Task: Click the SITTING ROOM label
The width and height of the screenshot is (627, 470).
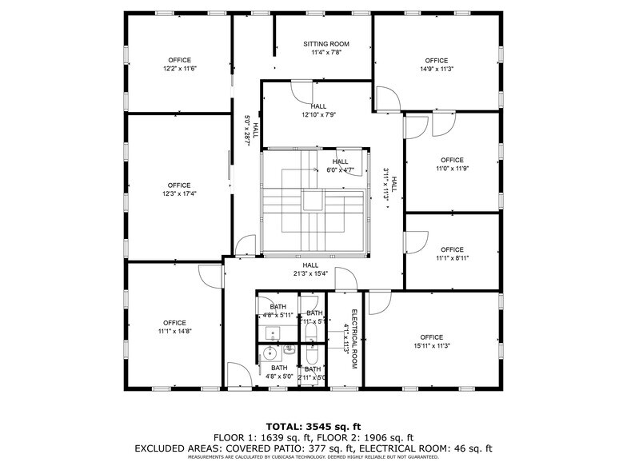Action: coord(325,44)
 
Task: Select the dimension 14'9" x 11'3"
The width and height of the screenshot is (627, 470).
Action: coord(437,69)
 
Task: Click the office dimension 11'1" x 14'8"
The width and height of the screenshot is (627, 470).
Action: coord(174,331)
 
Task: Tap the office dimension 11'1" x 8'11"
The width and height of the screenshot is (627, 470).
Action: coord(452,258)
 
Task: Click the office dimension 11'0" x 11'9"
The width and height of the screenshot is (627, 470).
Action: coord(452,169)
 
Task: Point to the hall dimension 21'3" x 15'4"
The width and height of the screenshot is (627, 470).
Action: coord(310,273)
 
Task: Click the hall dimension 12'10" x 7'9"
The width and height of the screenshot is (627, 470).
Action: coord(318,114)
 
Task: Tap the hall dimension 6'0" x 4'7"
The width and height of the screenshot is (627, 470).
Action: coord(340,170)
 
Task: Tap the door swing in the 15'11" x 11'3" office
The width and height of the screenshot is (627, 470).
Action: coord(377,301)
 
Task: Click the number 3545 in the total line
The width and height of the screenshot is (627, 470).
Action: coord(317,426)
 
